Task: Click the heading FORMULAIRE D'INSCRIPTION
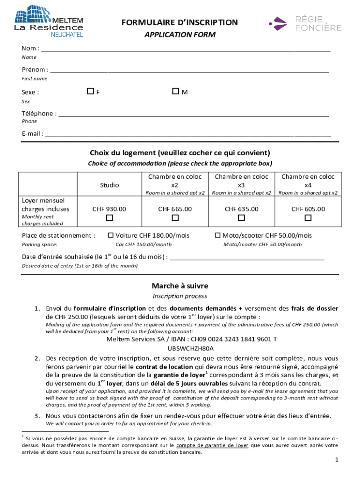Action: (x=180, y=22)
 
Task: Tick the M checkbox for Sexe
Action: (x=175, y=92)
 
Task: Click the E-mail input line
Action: (x=187, y=134)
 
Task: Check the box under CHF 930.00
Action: (x=109, y=218)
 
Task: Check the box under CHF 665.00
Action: (x=175, y=218)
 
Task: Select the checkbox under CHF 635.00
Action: (x=241, y=218)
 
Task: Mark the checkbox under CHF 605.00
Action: (x=308, y=218)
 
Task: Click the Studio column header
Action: (x=109, y=185)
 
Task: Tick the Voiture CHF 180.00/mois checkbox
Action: (x=111, y=235)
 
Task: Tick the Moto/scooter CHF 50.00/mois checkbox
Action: (x=217, y=235)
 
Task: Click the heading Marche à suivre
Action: (x=180, y=286)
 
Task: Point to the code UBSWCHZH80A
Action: (x=191, y=348)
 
